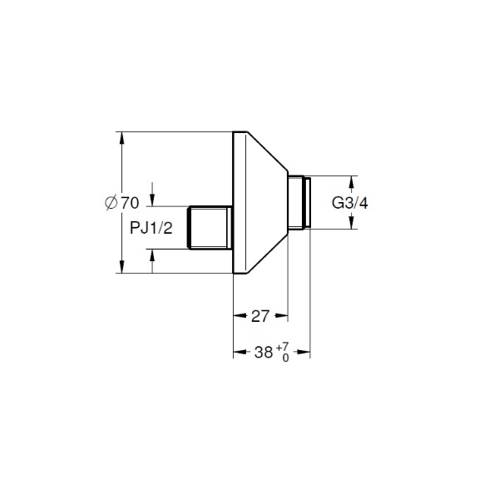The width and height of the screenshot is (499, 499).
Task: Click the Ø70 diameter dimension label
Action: pyautogui.click(x=122, y=203)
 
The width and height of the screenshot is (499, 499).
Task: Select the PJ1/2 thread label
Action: pyautogui.click(x=151, y=228)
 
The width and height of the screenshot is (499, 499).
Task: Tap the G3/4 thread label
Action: pyautogui.click(x=350, y=203)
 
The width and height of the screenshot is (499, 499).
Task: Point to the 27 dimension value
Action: pyautogui.click(x=260, y=316)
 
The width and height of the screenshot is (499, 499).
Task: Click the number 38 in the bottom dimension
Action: pyautogui.click(x=264, y=353)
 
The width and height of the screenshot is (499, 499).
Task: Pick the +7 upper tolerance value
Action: pyautogui.click(x=283, y=347)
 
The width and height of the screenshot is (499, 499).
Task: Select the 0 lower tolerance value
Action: pyautogui.click(x=285, y=358)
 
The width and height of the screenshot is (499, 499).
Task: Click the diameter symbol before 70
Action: pyautogui.click(x=111, y=203)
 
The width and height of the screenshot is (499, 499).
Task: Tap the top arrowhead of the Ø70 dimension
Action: pyautogui.click(x=121, y=138)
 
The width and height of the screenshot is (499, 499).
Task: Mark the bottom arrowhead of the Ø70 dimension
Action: pyautogui.click(x=121, y=266)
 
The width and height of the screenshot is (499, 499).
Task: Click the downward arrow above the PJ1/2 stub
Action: pyautogui.click(x=152, y=200)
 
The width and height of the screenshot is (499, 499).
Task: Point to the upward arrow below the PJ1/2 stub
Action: pyautogui.click(x=152, y=256)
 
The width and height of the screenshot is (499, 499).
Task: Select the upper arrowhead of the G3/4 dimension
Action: pyautogui.click(x=351, y=182)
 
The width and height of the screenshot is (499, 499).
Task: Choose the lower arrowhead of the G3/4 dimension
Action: pyautogui.click(x=351, y=222)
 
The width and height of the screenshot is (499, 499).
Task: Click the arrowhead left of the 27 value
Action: pyautogui.click(x=240, y=316)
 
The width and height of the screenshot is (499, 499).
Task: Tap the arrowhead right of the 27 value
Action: pyautogui.click(x=281, y=316)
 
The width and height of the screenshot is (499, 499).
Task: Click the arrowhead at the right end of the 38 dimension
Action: pyautogui.click(x=304, y=352)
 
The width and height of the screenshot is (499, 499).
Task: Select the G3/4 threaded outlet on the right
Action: pyautogui.click(x=299, y=202)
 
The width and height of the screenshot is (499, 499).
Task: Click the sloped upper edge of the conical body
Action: pyautogui.click(x=268, y=151)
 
